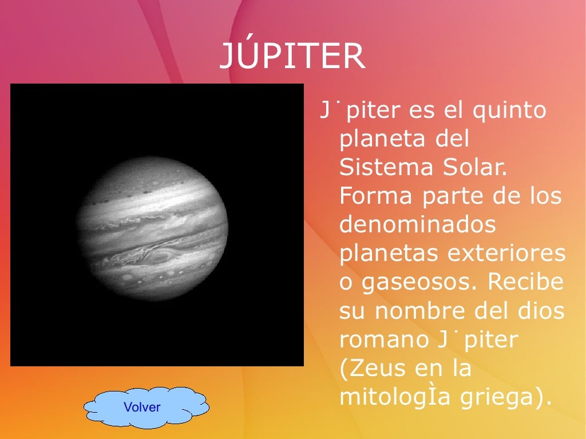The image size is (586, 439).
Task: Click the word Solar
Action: (x=477, y=168)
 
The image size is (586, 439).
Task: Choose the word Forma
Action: (x=377, y=196)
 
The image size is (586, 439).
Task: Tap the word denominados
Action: (x=418, y=225)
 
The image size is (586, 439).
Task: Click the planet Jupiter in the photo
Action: (x=153, y=229)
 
